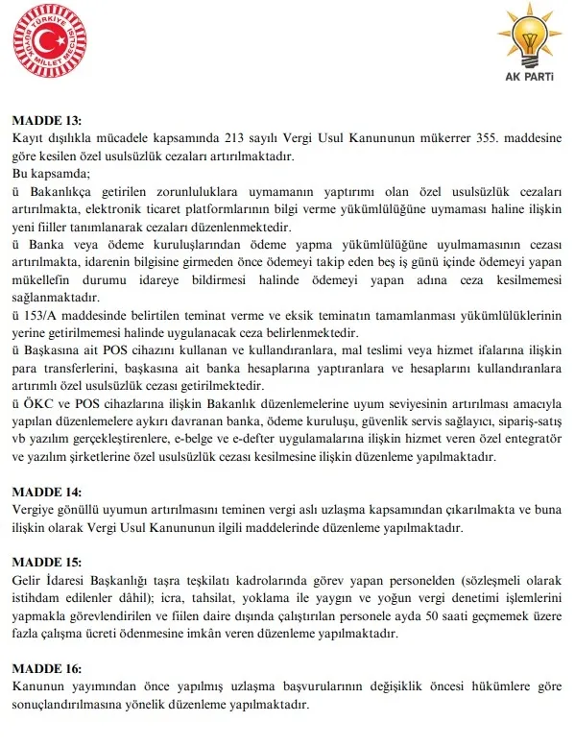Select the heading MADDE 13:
[x=46, y=121]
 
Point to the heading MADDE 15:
[x=46, y=562]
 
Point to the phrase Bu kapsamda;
[x=49, y=174]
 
